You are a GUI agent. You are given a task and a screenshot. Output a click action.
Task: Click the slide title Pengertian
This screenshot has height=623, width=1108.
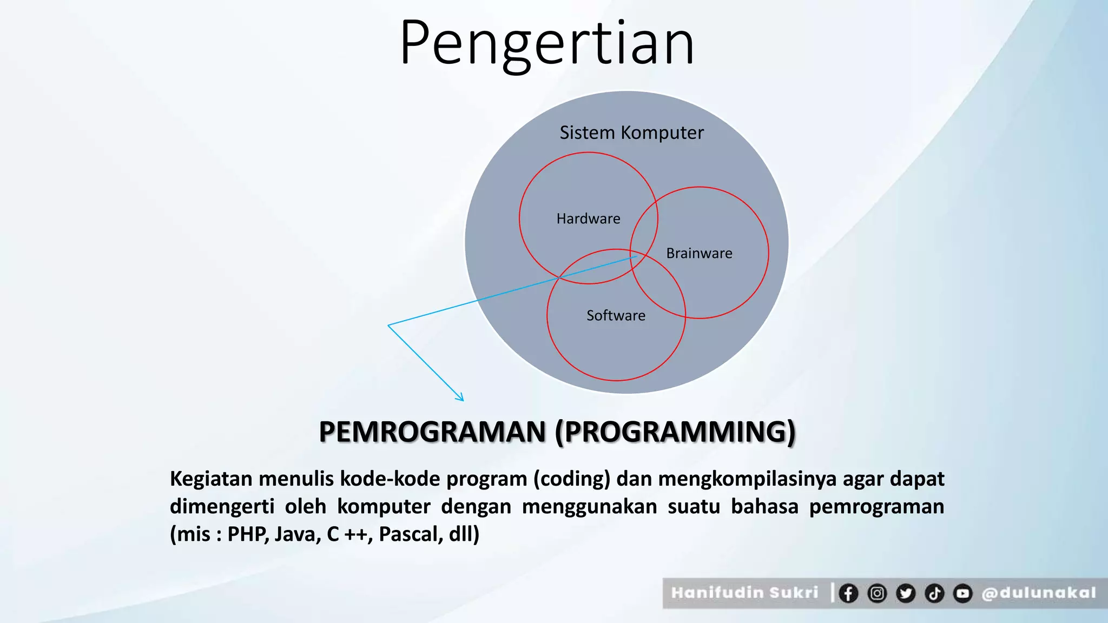546,43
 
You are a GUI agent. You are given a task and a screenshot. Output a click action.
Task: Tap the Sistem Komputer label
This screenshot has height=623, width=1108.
631,132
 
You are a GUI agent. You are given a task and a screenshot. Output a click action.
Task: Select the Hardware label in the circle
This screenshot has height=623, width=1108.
588,218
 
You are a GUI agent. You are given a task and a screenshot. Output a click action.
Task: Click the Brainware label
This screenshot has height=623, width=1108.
699,253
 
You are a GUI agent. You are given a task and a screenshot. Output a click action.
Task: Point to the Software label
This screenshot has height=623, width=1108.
616,315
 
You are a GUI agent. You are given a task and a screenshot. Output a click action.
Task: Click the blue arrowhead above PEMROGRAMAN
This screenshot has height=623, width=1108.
460,398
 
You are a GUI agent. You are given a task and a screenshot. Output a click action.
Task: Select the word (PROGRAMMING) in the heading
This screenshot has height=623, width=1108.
675,432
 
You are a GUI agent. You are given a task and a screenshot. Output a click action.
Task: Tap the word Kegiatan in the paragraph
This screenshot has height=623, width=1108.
211,479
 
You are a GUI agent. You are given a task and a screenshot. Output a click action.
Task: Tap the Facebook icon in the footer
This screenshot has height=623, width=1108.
848,593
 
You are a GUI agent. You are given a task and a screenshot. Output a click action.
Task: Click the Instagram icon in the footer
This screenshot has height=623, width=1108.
877,593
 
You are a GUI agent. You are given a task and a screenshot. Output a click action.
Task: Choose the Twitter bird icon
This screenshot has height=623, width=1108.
906,593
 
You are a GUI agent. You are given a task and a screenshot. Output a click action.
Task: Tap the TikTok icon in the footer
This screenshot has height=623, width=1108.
934,593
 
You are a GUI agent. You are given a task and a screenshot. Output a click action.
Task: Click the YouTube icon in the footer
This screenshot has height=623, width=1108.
963,593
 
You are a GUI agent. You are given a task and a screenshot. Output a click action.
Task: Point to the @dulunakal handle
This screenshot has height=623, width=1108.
1039,593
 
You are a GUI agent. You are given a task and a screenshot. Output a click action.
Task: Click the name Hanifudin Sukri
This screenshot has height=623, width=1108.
744,593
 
